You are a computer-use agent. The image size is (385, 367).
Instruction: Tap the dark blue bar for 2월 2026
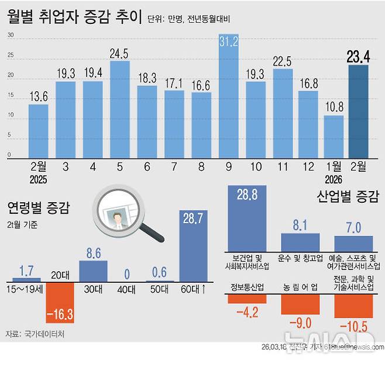pos(358,111)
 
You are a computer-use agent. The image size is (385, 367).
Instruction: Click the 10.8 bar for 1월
pos(334,136)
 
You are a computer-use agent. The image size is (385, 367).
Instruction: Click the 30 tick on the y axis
pos(10,36)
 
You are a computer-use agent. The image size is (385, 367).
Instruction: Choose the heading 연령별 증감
pos(38,208)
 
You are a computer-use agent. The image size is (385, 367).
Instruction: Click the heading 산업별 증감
pos(348,196)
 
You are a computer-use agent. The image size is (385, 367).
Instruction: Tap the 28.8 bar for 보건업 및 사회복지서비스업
pos(247,219)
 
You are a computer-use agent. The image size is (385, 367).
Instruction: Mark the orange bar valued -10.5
pos(353,306)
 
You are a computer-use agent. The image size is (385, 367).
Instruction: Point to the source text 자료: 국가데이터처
pos(36,334)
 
